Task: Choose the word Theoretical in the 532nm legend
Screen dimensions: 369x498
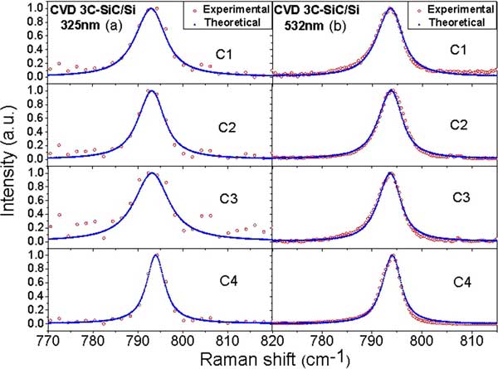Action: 452,23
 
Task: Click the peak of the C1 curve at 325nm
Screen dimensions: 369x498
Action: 149,9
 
